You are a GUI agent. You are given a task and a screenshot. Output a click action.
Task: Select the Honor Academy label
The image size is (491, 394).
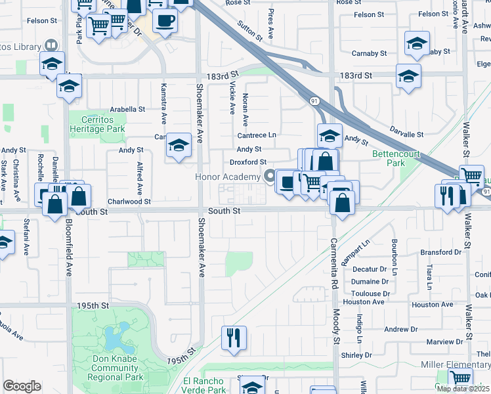click(227, 177)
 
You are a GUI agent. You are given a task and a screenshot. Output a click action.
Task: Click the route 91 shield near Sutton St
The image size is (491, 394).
click(314, 100)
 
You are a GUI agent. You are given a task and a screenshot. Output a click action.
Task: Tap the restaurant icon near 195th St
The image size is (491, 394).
click(234, 338)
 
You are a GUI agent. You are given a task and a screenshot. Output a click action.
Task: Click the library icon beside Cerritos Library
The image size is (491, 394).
click(51, 45)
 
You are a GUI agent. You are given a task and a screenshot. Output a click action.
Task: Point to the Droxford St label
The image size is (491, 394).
click(247, 162)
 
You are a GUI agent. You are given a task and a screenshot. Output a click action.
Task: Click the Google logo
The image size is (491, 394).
click(22, 386)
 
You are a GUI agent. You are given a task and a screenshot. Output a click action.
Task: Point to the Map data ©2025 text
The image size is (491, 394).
click(463, 389)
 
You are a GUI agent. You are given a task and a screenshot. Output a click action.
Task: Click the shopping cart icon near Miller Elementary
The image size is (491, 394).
click(460, 379)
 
